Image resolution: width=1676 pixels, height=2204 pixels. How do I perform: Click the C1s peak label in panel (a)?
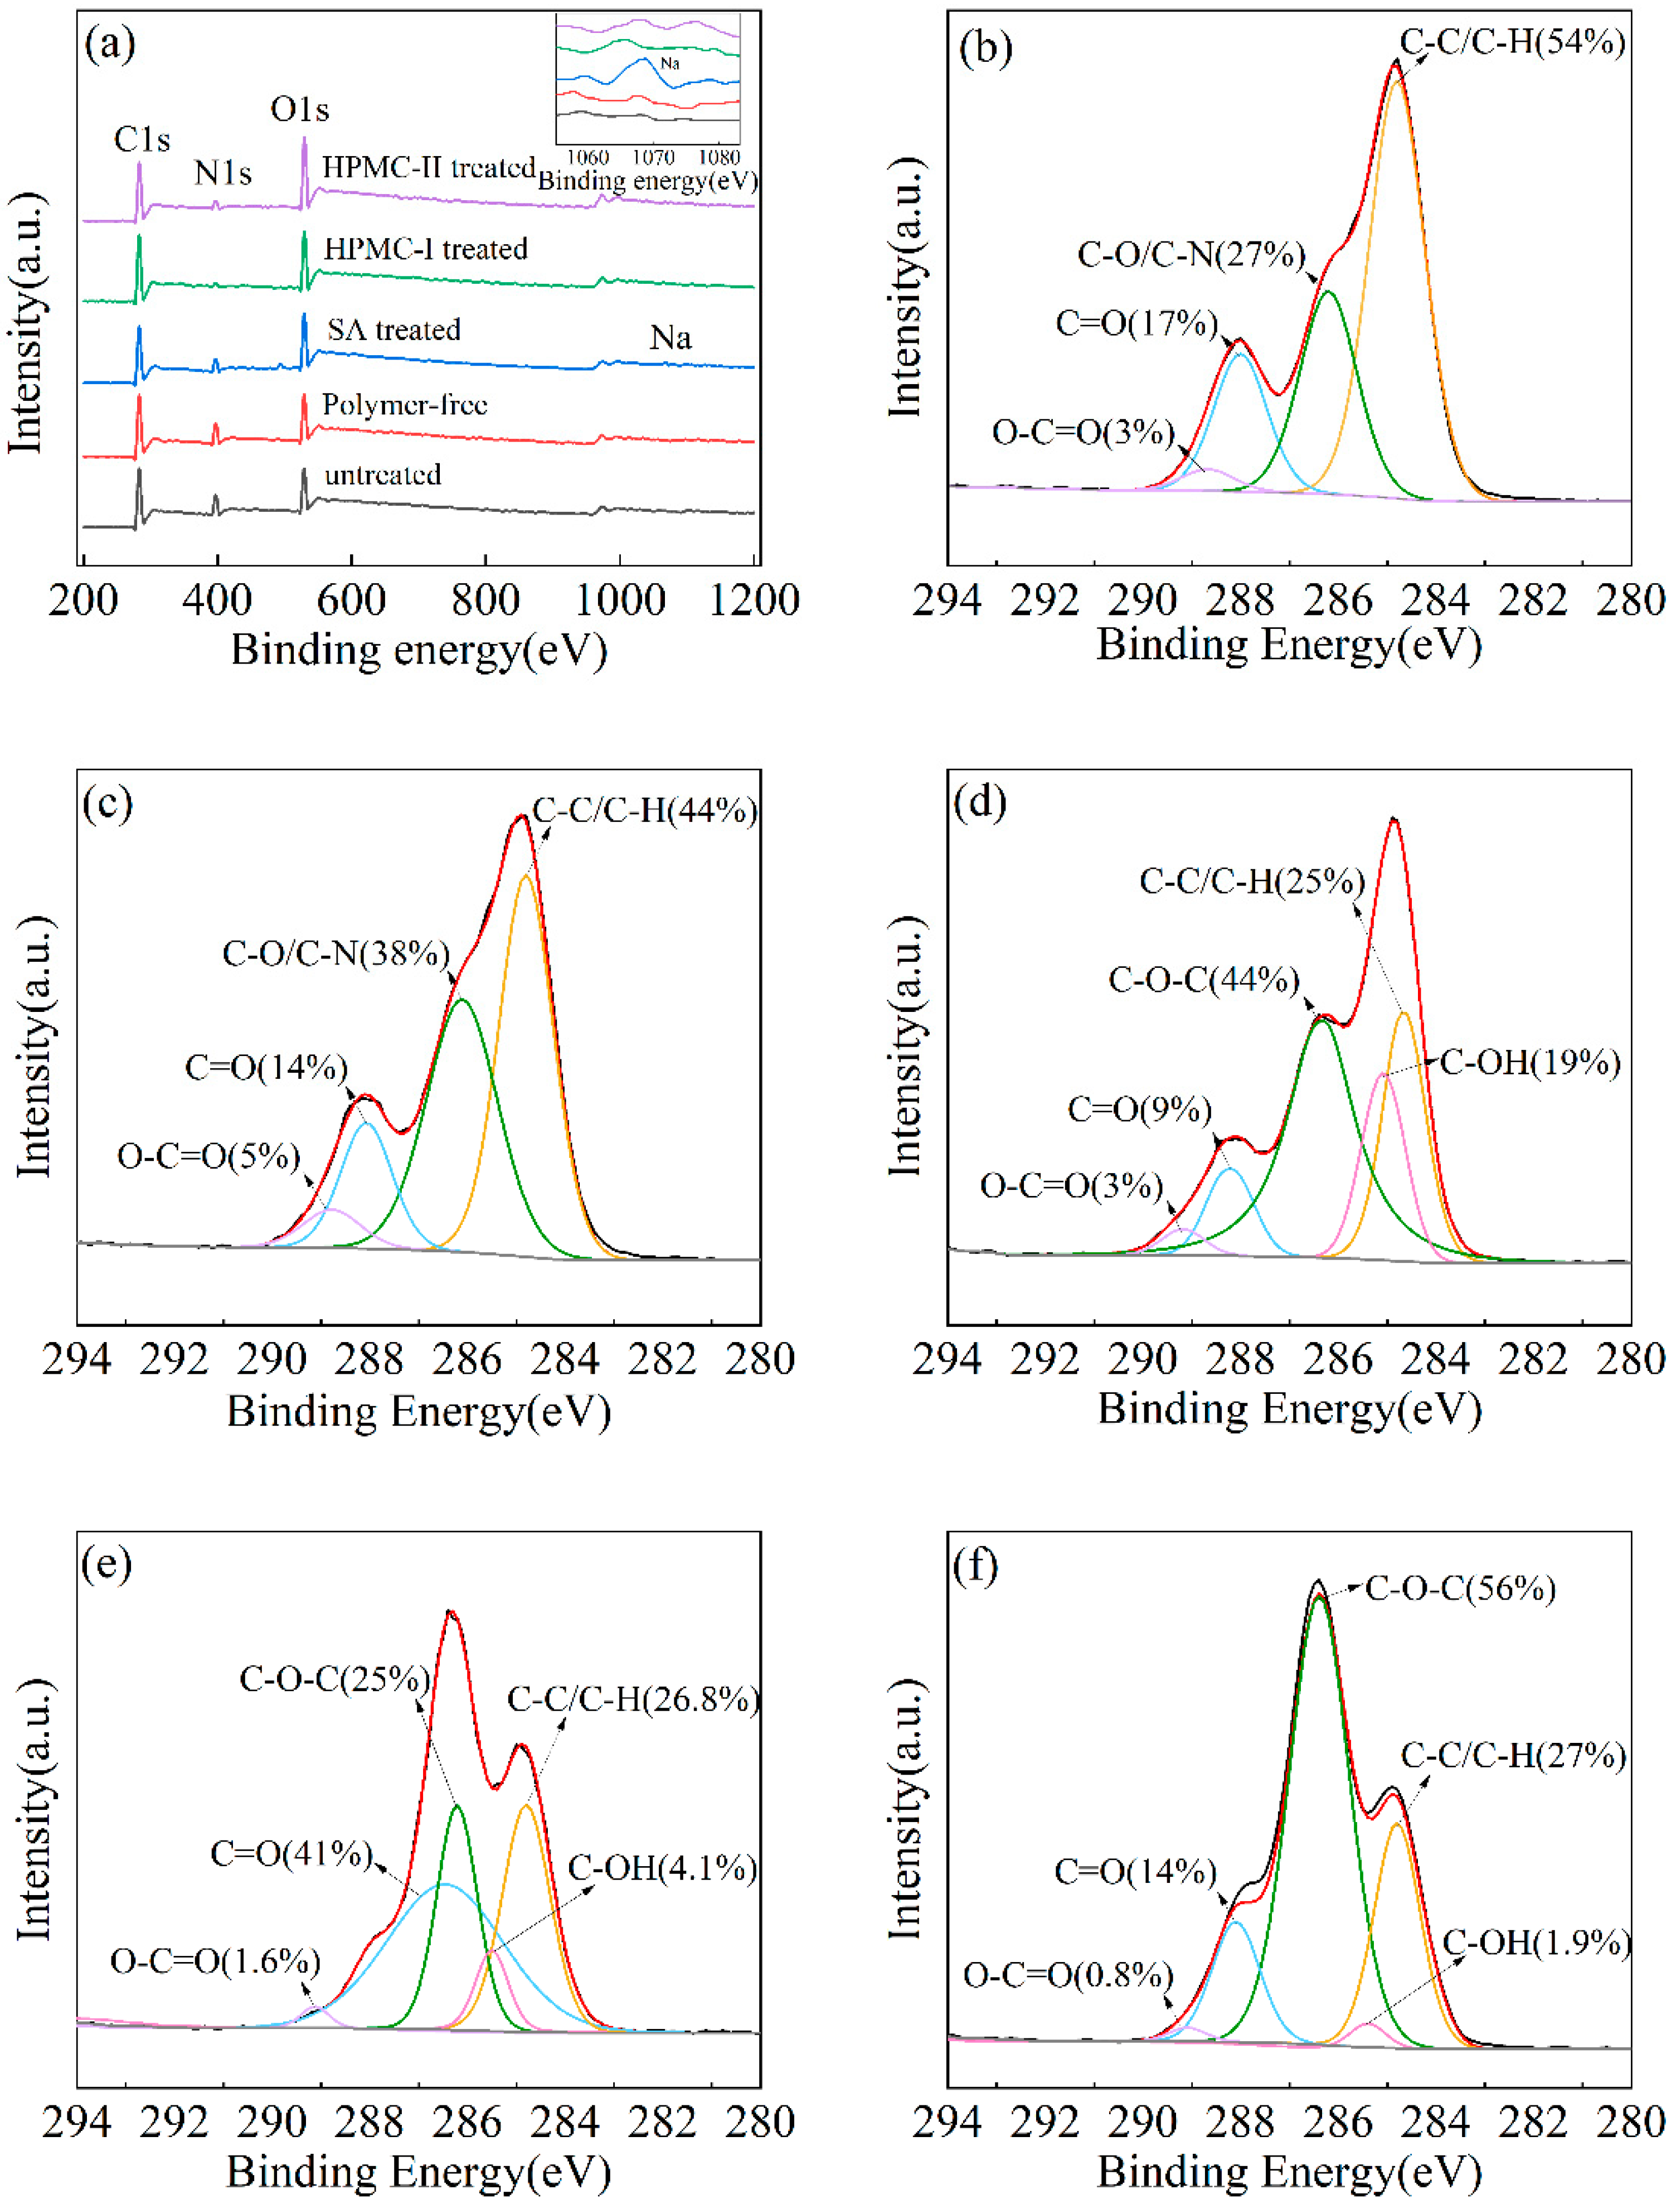[142, 140]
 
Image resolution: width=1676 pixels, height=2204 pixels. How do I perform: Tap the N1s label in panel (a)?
[222, 173]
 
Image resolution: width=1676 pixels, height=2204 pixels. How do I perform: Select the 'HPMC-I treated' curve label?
[425, 249]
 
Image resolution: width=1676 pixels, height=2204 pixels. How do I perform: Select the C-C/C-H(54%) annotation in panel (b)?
[1512, 42]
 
